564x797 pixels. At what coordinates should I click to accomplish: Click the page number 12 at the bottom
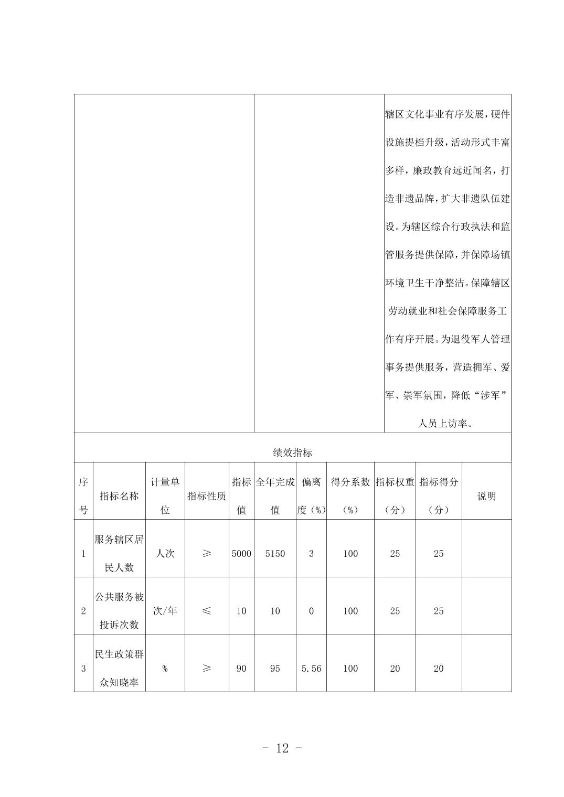[282, 748]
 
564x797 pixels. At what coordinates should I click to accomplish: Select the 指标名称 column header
[119, 496]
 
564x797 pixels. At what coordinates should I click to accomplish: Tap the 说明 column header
[486, 496]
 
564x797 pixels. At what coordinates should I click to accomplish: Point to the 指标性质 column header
[207, 496]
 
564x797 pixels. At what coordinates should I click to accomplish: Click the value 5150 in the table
[275, 554]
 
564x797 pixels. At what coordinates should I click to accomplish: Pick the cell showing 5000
[241, 554]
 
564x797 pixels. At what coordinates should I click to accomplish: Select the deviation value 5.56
[311, 669]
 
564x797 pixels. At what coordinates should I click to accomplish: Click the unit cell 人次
[165, 554]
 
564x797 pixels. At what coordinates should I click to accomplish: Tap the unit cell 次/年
[165, 611]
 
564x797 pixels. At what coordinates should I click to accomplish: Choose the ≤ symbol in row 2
[207, 611]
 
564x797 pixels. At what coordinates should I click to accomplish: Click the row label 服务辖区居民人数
[119, 554]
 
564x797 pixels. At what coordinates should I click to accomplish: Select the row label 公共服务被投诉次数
[119, 611]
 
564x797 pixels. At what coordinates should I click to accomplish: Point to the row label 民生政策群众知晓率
[119, 669]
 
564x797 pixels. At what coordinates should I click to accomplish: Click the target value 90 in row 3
[241, 669]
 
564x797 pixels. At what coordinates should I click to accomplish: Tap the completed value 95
[275, 669]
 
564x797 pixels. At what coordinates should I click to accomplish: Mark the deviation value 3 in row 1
[311, 554]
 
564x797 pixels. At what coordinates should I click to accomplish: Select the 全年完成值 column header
[275, 496]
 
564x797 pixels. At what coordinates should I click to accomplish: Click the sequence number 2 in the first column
[83, 611]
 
